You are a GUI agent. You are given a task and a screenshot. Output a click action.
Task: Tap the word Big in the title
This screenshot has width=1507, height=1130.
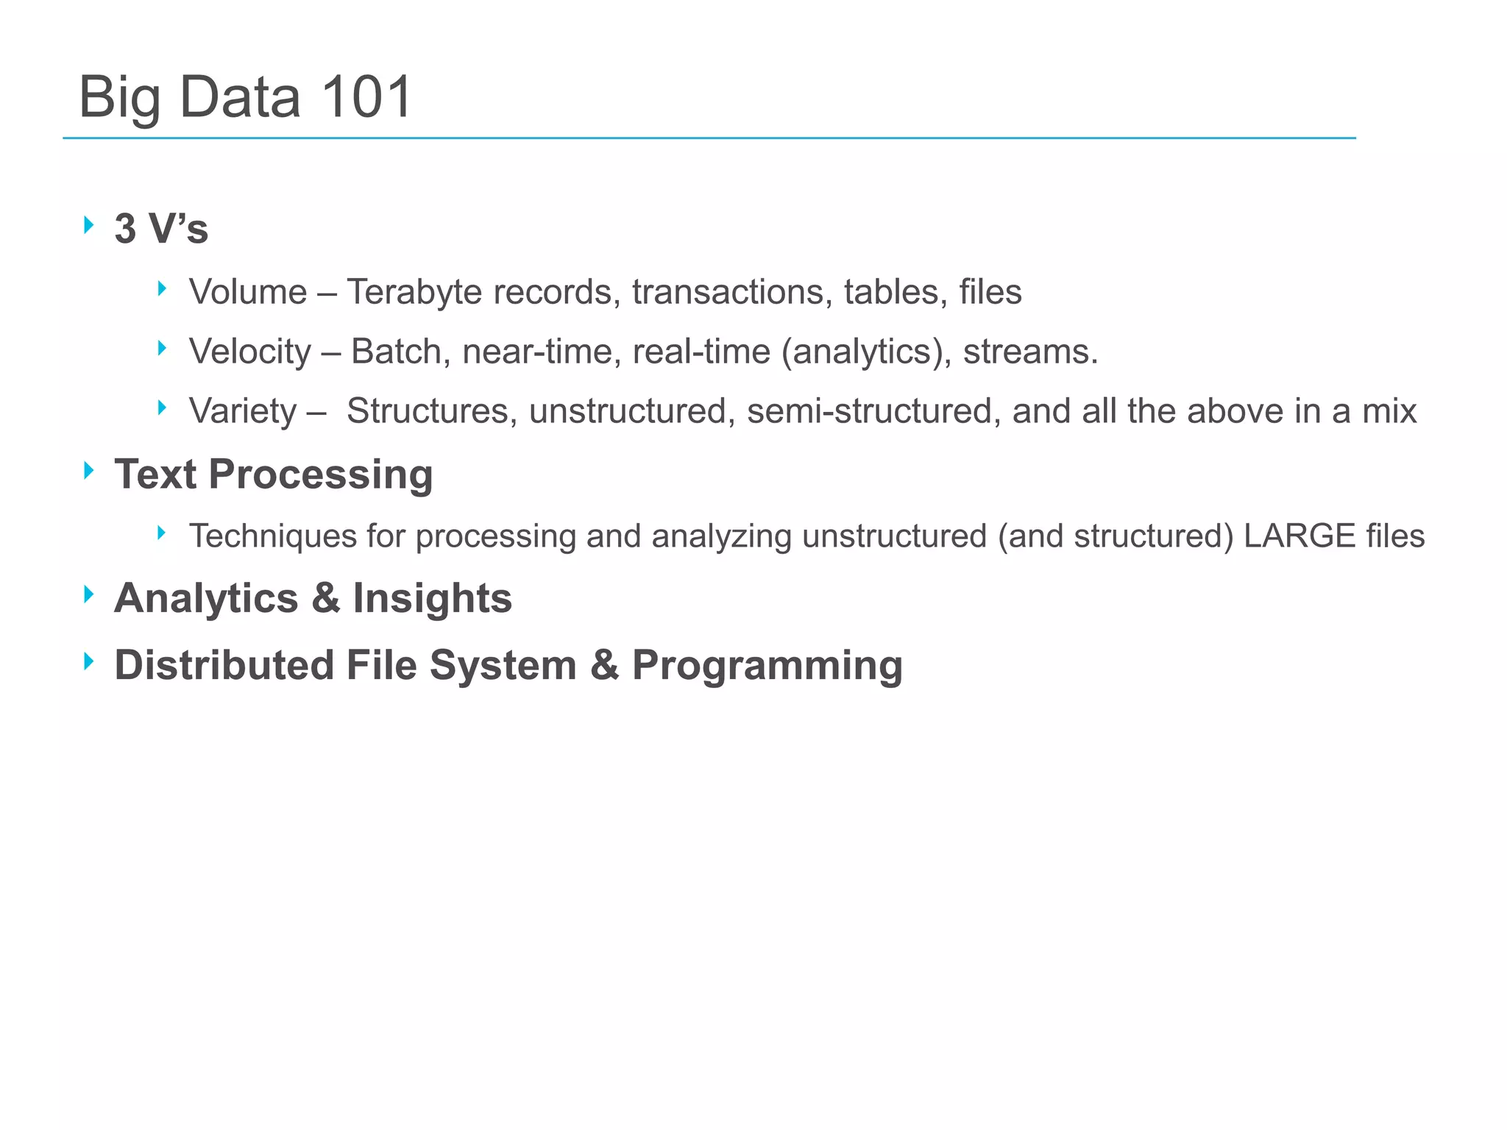click(x=119, y=99)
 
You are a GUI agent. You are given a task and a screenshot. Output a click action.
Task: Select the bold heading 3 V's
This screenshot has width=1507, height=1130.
click(x=161, y=228)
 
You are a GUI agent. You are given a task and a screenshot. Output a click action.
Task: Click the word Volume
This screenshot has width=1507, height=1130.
click(x=248, y=292)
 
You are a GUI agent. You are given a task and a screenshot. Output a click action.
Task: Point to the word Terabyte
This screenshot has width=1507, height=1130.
click(x=414, y=293)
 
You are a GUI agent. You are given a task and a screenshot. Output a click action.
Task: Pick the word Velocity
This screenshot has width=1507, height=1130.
click(x=250, y=352)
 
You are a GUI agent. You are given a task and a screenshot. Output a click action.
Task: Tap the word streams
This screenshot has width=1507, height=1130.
click(x=1030, y=352)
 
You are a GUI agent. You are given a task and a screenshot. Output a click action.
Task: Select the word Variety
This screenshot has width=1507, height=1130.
click(x=243, y=411)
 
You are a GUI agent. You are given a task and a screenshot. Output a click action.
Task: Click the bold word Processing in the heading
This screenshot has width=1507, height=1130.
click(x=321, y=475)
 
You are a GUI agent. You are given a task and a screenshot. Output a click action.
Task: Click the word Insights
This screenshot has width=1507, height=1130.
click(x=432, y=597)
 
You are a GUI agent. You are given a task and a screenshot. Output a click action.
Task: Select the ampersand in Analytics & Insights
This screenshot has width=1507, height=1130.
click(x=325, y=597)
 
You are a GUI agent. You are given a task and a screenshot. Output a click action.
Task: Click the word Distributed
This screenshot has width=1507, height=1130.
click(x=224, y=665)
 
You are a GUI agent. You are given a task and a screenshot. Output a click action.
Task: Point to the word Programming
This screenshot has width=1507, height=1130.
click(x=767, y=667)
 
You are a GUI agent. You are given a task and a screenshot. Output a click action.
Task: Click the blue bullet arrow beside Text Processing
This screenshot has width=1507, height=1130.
click(x=89, y=471)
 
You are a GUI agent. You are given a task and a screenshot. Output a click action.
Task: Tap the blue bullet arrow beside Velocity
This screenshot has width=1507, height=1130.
click(x=162, y=348)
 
